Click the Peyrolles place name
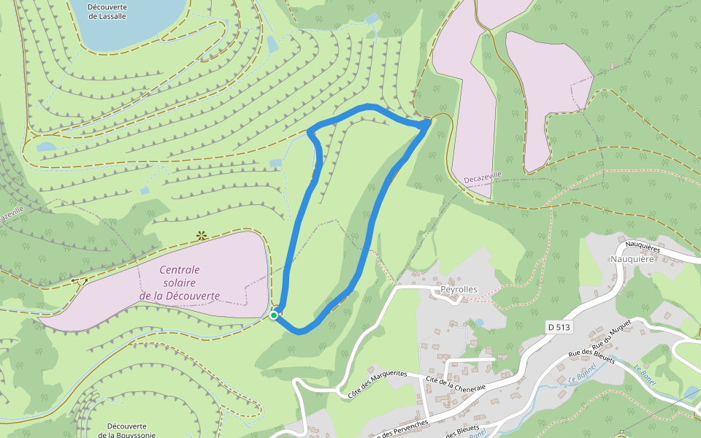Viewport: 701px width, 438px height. [x=459, y=289]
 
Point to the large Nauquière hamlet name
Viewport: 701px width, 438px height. [x=632, y=258]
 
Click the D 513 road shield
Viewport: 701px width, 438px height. [x=558, y=327]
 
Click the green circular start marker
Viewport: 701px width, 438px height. [x=274, y=315]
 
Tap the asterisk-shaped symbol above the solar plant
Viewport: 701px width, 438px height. [x=201, y=236]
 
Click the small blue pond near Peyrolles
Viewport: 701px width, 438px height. [x=479, y=322]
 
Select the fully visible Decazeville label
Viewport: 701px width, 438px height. [x=483, y=177]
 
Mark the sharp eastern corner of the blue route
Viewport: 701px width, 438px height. [x=427, y=125]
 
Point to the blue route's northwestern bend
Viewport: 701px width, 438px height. [x=311, y=132]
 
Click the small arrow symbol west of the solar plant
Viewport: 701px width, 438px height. [x=79, y=281]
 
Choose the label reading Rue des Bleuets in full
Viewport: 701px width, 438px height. [x=592, y=357]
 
